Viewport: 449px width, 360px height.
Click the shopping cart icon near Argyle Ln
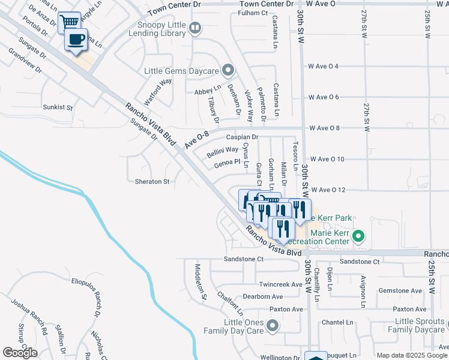pyautogui.click(x=70, y=22)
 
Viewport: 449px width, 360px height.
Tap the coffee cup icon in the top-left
pyautogui.click(x=76, y=40)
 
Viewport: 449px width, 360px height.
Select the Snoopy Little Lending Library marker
pyautogui.click(x=194, y=27)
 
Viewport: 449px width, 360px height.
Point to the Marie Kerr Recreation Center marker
pyautogui.click(x=358, y=236)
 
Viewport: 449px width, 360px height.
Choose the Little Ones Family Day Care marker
pyautogui.click(x=273, y=326)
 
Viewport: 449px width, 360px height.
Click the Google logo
pyautogui.click(x=20, y=353)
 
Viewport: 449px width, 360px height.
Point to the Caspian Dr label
pyautogui.click(x=242, y=137)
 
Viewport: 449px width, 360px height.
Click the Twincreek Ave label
pyautogui.click(x=280, y=284)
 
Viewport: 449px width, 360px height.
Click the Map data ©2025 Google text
pyautogui.click(x=412, y=355)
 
